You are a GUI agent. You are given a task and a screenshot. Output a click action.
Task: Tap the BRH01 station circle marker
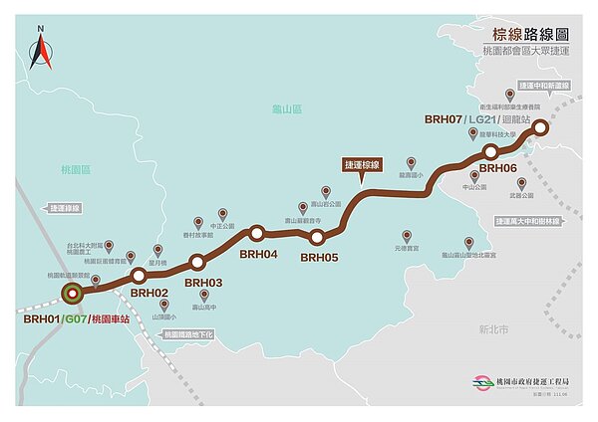point(71,294)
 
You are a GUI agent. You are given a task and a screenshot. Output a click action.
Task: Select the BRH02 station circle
point(139,274)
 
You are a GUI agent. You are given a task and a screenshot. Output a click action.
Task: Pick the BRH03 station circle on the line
point(196,262)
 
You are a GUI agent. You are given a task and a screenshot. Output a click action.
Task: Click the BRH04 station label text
point(257,254)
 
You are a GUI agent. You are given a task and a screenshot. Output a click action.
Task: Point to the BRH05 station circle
point(317,237)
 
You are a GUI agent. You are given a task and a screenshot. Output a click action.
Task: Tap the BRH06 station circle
point(490,151)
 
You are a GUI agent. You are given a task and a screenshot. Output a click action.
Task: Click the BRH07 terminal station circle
point(539,126)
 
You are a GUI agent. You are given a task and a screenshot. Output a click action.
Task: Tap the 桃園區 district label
point(74,171)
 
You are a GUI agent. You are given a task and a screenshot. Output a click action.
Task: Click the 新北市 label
point(492,328)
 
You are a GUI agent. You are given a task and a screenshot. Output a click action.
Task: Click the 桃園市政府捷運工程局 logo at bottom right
point(485,382)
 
